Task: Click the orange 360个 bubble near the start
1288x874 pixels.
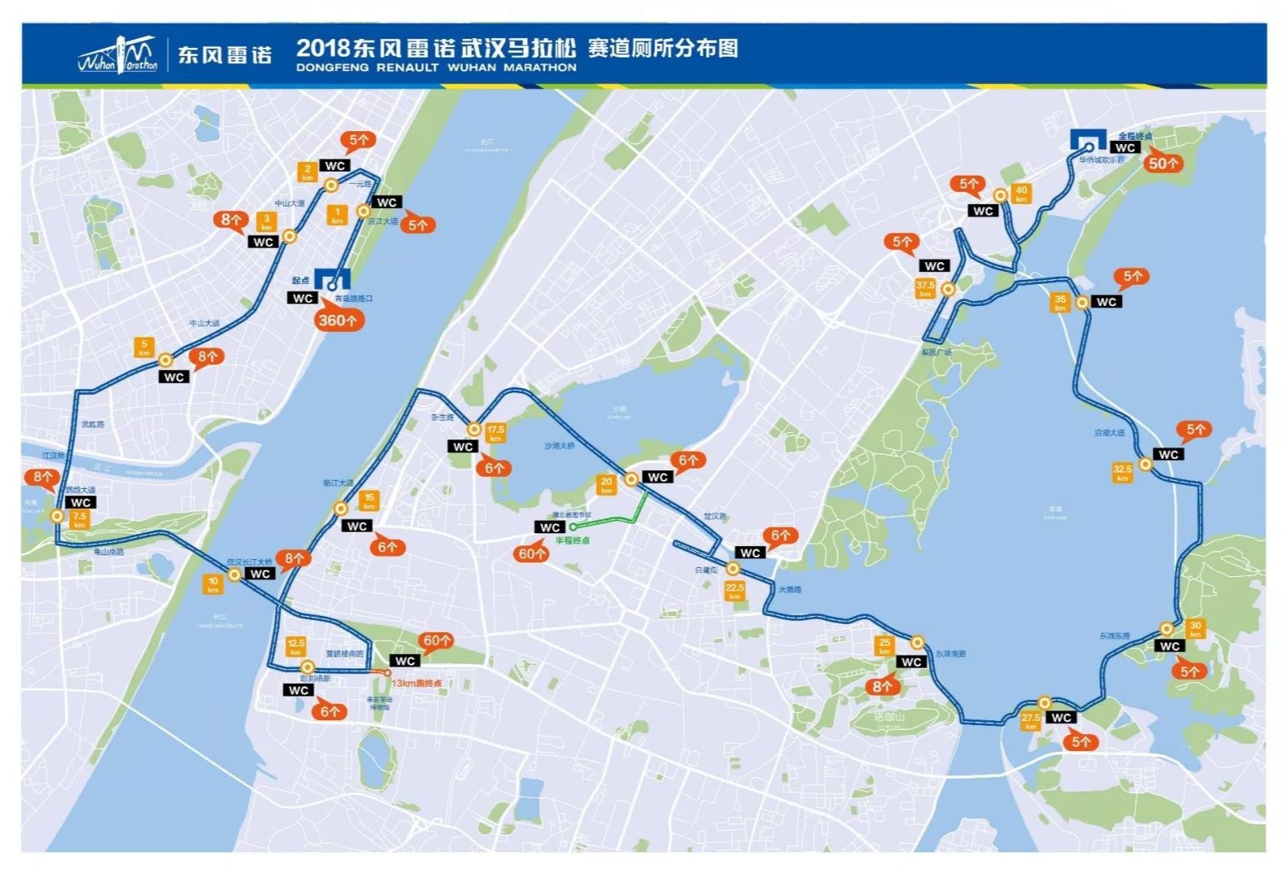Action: pos(338,320)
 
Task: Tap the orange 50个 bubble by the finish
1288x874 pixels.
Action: pos(1163,163)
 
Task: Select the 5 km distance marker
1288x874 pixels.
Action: pos(144,348)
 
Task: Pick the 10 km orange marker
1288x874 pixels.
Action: pos(213,583)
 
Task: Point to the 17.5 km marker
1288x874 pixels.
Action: pos(495,433)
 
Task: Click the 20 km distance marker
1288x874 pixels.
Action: pos(606,485)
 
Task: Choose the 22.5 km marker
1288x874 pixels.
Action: pos(734,591)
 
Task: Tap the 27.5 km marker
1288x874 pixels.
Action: pos(1031,721)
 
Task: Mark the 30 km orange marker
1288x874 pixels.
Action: pos(1195,629)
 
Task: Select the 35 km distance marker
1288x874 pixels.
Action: pos(1060,303)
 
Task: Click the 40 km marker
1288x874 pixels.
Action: pos(1021,194)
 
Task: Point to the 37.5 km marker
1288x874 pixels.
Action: pos(925,289)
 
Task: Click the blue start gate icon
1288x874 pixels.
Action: pos(332,280)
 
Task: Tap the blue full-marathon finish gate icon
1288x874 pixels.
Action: pos(1088,140)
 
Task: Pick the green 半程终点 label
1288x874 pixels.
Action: pos(572,540)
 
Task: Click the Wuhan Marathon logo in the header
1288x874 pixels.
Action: pos(118,55)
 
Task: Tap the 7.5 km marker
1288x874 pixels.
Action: pos(79,520)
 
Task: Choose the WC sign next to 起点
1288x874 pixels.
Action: pos(303,298)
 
